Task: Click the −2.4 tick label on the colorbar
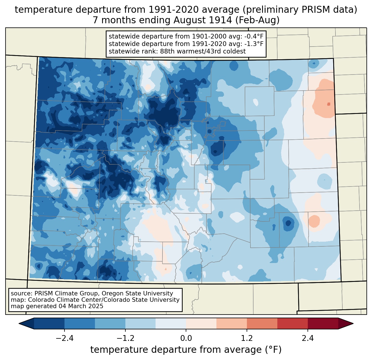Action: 64,338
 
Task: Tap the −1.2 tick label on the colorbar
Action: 125,338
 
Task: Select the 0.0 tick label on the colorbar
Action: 186,338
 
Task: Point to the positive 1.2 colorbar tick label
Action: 247,338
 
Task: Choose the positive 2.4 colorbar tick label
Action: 308,338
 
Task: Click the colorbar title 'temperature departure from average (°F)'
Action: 186,350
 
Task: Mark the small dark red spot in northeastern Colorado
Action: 329,104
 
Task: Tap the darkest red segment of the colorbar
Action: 323,323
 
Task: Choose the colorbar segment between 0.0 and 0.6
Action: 201,323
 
